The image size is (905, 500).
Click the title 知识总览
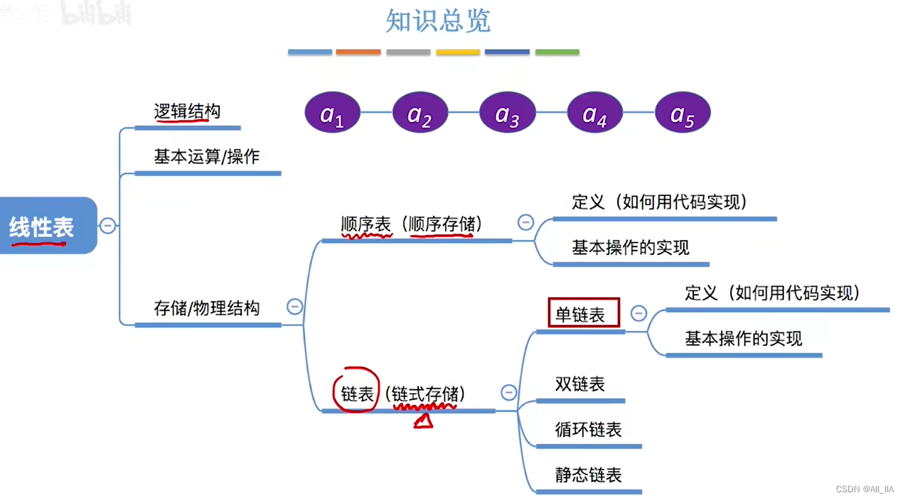(x=438, y=21)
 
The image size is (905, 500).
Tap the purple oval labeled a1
(x=332, y=114)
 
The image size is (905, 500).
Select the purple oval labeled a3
(x=507, y=114)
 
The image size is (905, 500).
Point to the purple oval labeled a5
(x=682, y=114)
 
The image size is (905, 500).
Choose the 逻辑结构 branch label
(x=187, y=112)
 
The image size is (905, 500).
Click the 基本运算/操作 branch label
(x=206, y=156)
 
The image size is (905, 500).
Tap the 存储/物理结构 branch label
(x=206, y=308)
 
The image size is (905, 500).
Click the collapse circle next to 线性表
(x=107, y=226)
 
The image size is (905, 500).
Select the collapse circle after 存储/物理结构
(x=294, y=307)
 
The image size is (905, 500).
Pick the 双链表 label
(x=579, y=384)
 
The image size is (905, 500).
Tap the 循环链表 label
(x=588, y=430)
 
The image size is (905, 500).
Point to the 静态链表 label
(x=588, y=474)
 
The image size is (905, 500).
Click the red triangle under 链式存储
(x=424, y=422)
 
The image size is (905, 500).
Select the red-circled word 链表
(x=357, y=393)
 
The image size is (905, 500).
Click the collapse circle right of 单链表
(x=638, y=312)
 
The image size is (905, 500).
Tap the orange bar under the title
(x=358, y=52)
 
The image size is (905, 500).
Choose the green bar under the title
(x=557, y=52)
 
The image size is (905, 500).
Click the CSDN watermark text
(x=864, y=489)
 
